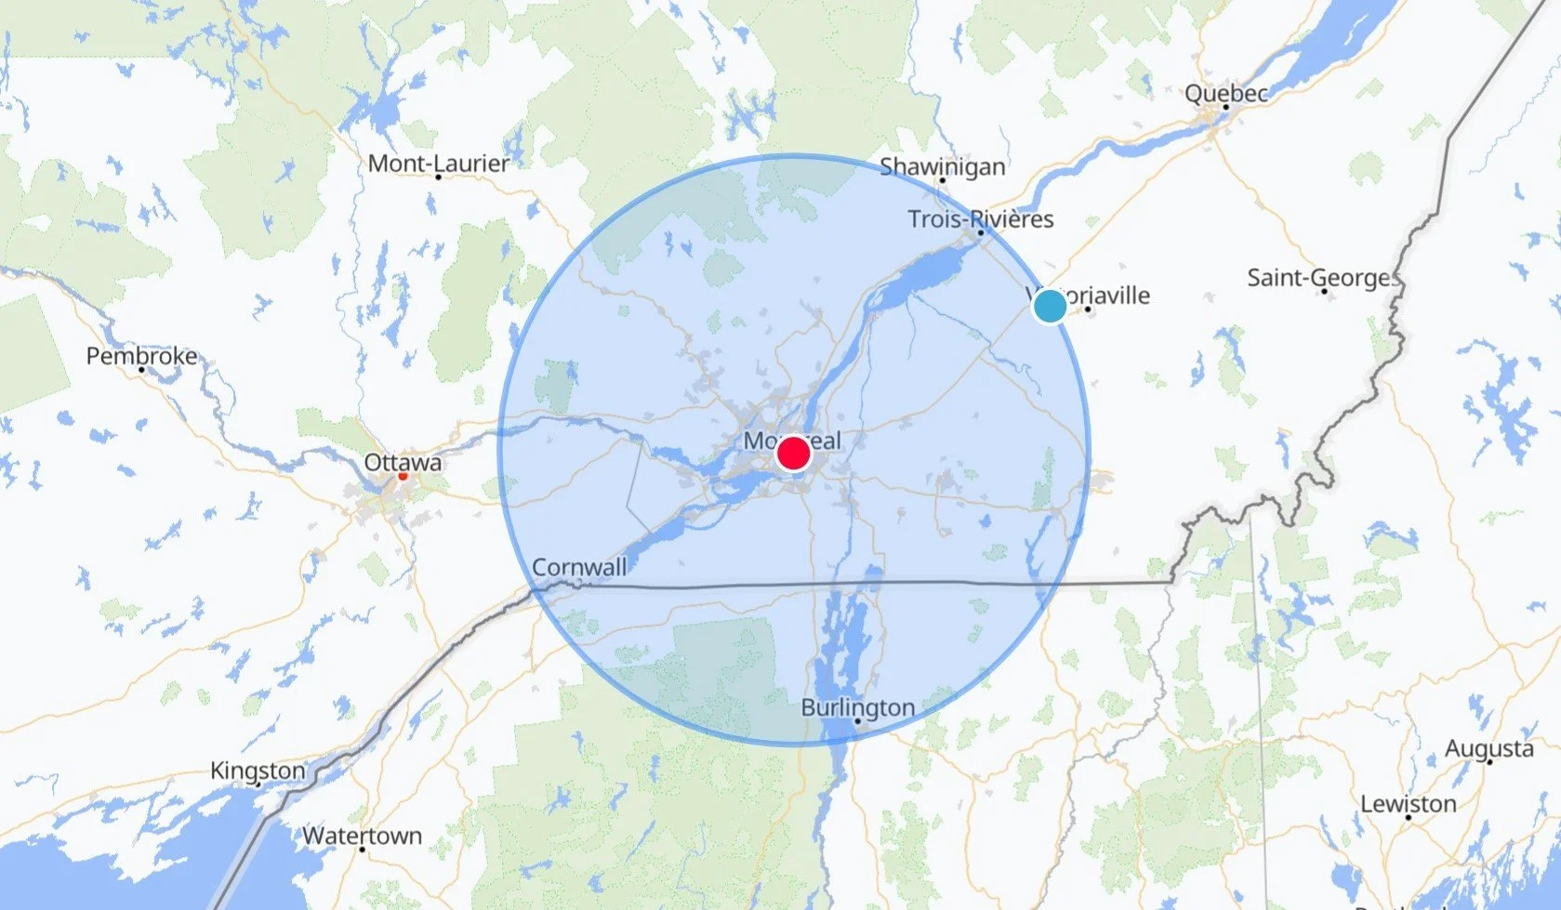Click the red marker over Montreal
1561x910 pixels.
[x=793, y=454]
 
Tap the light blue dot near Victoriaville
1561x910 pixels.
[x=1050, y=306]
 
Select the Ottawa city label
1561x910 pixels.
[x=403, y=462]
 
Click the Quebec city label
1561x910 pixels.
[x=1225, y=93]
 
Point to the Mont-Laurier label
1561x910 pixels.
[x=439, y=163]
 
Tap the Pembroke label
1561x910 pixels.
[x=141, y=356]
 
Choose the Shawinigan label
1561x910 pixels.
[x=942, y=166]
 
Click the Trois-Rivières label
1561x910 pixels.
[x=981, y=219]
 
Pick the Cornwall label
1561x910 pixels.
[x=579, y=567]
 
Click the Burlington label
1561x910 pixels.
[x=857, y=707]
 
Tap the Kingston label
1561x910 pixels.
[x=258, y=771]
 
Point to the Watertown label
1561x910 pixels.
[x=362, y=836]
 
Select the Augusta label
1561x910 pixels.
[x=1488, y=748]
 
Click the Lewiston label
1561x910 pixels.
[x=1408, y=804]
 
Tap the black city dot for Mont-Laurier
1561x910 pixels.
[x=438, y=177]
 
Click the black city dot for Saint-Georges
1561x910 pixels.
[x=1324, y=292]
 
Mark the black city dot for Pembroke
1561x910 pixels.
[x=141, y=370]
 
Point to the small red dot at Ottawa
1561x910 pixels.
[x=403, y=476]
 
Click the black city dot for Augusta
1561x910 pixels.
[x=1489, y=762]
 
